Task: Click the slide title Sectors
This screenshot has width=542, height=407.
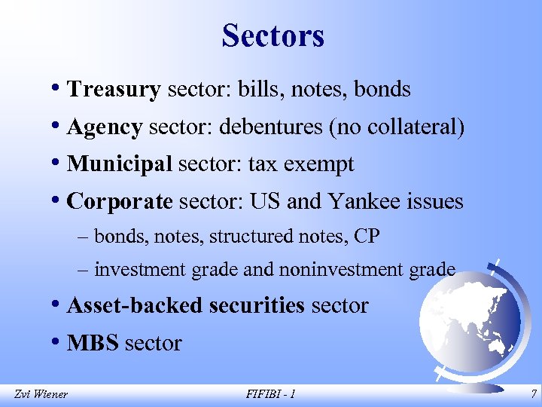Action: (x=273, y=35)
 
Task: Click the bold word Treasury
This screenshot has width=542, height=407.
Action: (x=114, y=90)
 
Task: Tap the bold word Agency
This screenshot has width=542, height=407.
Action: (x=105, y=127)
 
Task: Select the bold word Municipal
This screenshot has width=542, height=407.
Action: (x=120, y=164)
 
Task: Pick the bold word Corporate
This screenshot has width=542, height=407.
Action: (x=120, y=202)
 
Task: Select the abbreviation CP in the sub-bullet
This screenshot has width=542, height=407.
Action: (x=367, y=236)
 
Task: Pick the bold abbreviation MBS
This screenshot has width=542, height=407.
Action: (x=93, y=343)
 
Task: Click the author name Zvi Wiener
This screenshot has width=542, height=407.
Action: (x=41, y=393)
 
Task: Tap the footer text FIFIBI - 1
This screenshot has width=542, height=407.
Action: (x=271, y=393)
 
